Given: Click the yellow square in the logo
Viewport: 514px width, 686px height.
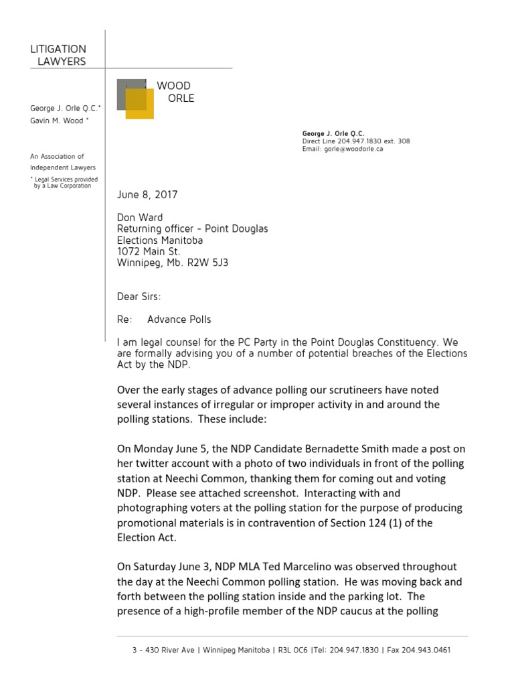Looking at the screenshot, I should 141,105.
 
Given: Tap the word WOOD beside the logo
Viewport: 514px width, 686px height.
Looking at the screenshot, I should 173,86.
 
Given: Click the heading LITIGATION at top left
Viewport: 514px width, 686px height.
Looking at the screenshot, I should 58,50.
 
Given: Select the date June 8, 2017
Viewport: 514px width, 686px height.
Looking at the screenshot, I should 147,194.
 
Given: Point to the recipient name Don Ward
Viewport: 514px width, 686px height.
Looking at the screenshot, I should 140,218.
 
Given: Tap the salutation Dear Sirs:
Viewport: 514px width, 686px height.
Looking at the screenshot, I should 139,297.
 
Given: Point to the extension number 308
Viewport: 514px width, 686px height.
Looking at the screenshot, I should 404,141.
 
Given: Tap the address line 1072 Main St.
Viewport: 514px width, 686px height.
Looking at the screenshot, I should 149,251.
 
